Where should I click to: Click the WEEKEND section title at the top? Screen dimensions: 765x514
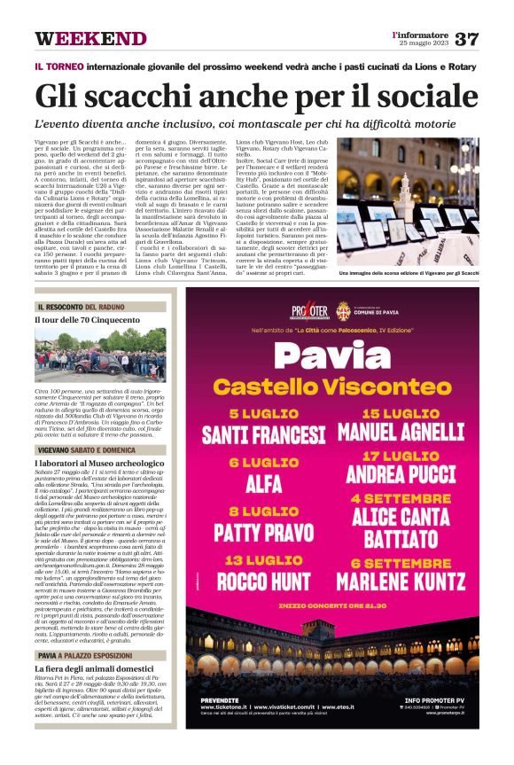click(90, 39)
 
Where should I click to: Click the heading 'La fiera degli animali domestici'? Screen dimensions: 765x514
click(94, 668)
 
